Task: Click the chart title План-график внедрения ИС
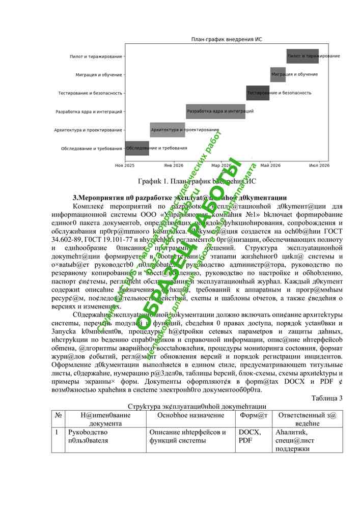(x=227, y=39)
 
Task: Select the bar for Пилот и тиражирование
(x=302, y=56)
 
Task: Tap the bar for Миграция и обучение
(x=278, y=74)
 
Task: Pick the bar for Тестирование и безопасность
(x=258, y=93)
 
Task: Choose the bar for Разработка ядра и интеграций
(x=215, y=111)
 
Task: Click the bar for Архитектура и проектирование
(x=167, y=130)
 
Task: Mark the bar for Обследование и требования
(x=137, y=148)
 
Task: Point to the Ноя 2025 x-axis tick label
(x=125, y=165)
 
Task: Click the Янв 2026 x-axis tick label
(x=174, y=165)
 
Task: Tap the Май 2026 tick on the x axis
(x=270, y=165)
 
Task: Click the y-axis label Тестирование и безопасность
(x=90, y=93)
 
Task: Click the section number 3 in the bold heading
(x=76, y=197)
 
